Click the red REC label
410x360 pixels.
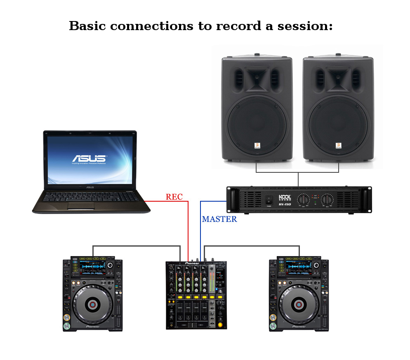pos(174,197)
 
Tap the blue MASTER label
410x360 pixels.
pos(219,219)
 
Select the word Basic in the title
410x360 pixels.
pos(87,26)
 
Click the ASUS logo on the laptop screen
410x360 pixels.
pos(90,158)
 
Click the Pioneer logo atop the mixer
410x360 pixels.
pos(192,263)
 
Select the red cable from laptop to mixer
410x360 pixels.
pos(188,227)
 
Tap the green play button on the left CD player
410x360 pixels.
pos(66,327)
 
